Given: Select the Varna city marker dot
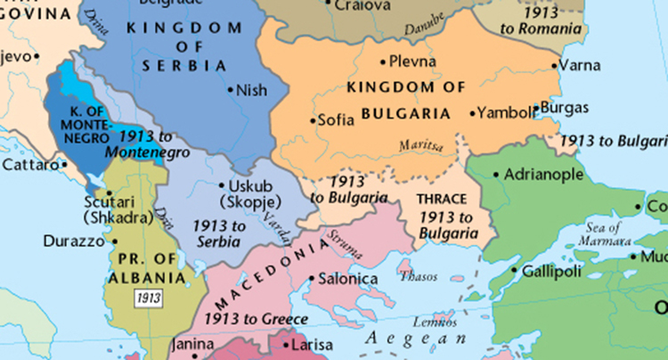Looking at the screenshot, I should coord(555,65).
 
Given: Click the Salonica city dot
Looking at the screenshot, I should coord(309,280).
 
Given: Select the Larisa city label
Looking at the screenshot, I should coord(313,344).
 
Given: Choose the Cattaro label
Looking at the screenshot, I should coord(29,165).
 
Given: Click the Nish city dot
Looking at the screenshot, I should coord(230,89).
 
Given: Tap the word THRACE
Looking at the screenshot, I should coord(443,200).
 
